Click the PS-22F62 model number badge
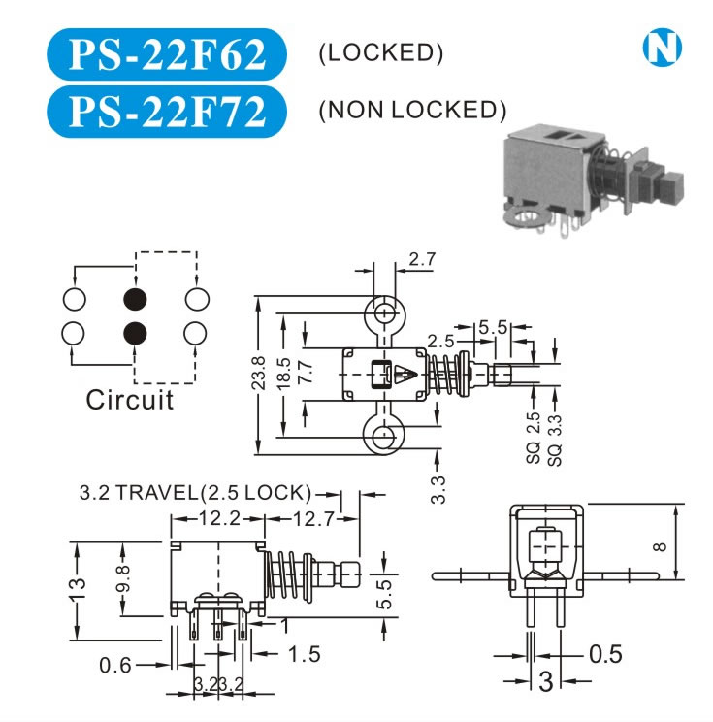[x=167, y=54]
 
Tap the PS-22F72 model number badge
[x=167, y=111]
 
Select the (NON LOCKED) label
[x=412, y=110]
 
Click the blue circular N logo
[x=662, y=48]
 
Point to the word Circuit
[x=130, y=400]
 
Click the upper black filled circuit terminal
[x=136, y=299]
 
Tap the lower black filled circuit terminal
[x=136, y=333]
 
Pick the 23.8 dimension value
[x=259, y=373]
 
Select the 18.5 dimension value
[x=284, y=374]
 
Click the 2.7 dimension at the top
[x=422, y=259]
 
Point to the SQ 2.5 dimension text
[x=533, y=438]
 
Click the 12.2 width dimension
[x=219, y=519]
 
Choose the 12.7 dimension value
[x=313, y=519]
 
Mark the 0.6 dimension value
[x=115, y=666]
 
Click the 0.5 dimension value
[x=605, y=654]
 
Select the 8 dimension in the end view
[x=660, y=546]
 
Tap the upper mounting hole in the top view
[x=383, y=314]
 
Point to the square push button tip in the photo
[x=671, y=188]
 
